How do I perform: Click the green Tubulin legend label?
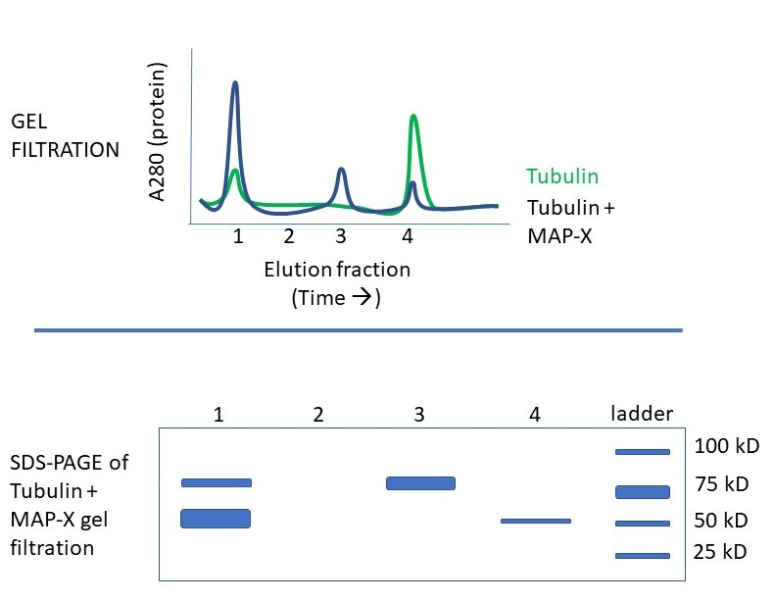coord(561,176)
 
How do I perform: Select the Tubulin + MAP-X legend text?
coord(573,222)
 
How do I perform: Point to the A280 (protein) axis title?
coord(158,132)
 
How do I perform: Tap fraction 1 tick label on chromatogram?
coord(238,236)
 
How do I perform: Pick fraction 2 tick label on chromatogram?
coord(289,236)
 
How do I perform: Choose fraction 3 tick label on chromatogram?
coord(340,236)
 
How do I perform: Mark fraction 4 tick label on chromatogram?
coord(408,236)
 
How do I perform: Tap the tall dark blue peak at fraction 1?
coord(235,86)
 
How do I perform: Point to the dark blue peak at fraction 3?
coord(341,172)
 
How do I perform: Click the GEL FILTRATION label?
coord(64,136)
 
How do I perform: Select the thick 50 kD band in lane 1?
coord(216,519)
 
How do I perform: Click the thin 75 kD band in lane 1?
coord(217,482)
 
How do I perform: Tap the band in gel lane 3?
coord(420,483)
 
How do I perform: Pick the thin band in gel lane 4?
coord(535,521)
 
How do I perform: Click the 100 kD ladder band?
coord(642,452)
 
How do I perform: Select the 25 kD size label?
coord(720,552)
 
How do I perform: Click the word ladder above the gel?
coord(642,415)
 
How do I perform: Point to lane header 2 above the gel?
coord(317,415)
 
